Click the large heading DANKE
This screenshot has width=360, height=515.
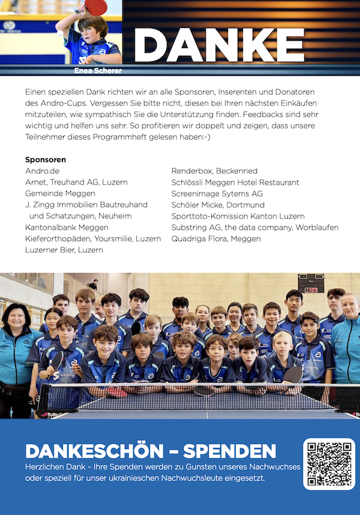[x=218, y=43]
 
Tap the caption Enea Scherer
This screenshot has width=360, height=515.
[x=98, y=71]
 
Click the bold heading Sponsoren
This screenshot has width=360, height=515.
[x=46, y=160]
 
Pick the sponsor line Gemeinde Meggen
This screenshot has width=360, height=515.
[x=60, y=194]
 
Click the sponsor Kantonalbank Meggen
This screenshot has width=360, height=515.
[x=67, y=227]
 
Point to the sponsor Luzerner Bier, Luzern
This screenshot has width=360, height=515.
[x=64, y=250]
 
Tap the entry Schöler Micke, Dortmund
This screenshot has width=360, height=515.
[x=218, y=205]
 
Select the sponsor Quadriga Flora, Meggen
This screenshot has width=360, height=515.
[x=216, y=239]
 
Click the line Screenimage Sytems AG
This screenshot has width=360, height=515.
[x=217, y=194]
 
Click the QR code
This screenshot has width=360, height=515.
[x=329, y=464]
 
